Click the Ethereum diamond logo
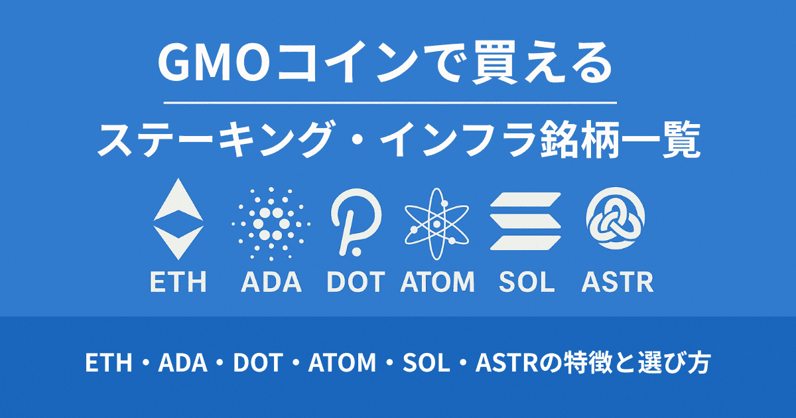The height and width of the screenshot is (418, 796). (178, 220)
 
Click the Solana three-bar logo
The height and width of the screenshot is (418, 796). (525, 220)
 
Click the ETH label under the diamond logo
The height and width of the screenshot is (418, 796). (178, 282)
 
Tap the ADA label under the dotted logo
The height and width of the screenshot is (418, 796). (271, 282)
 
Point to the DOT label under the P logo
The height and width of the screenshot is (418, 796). (356, 282)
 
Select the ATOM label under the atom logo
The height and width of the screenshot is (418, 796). (438, 282)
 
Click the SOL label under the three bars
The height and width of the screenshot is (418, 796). (526, 282)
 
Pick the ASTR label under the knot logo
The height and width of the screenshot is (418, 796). (617, 282)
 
